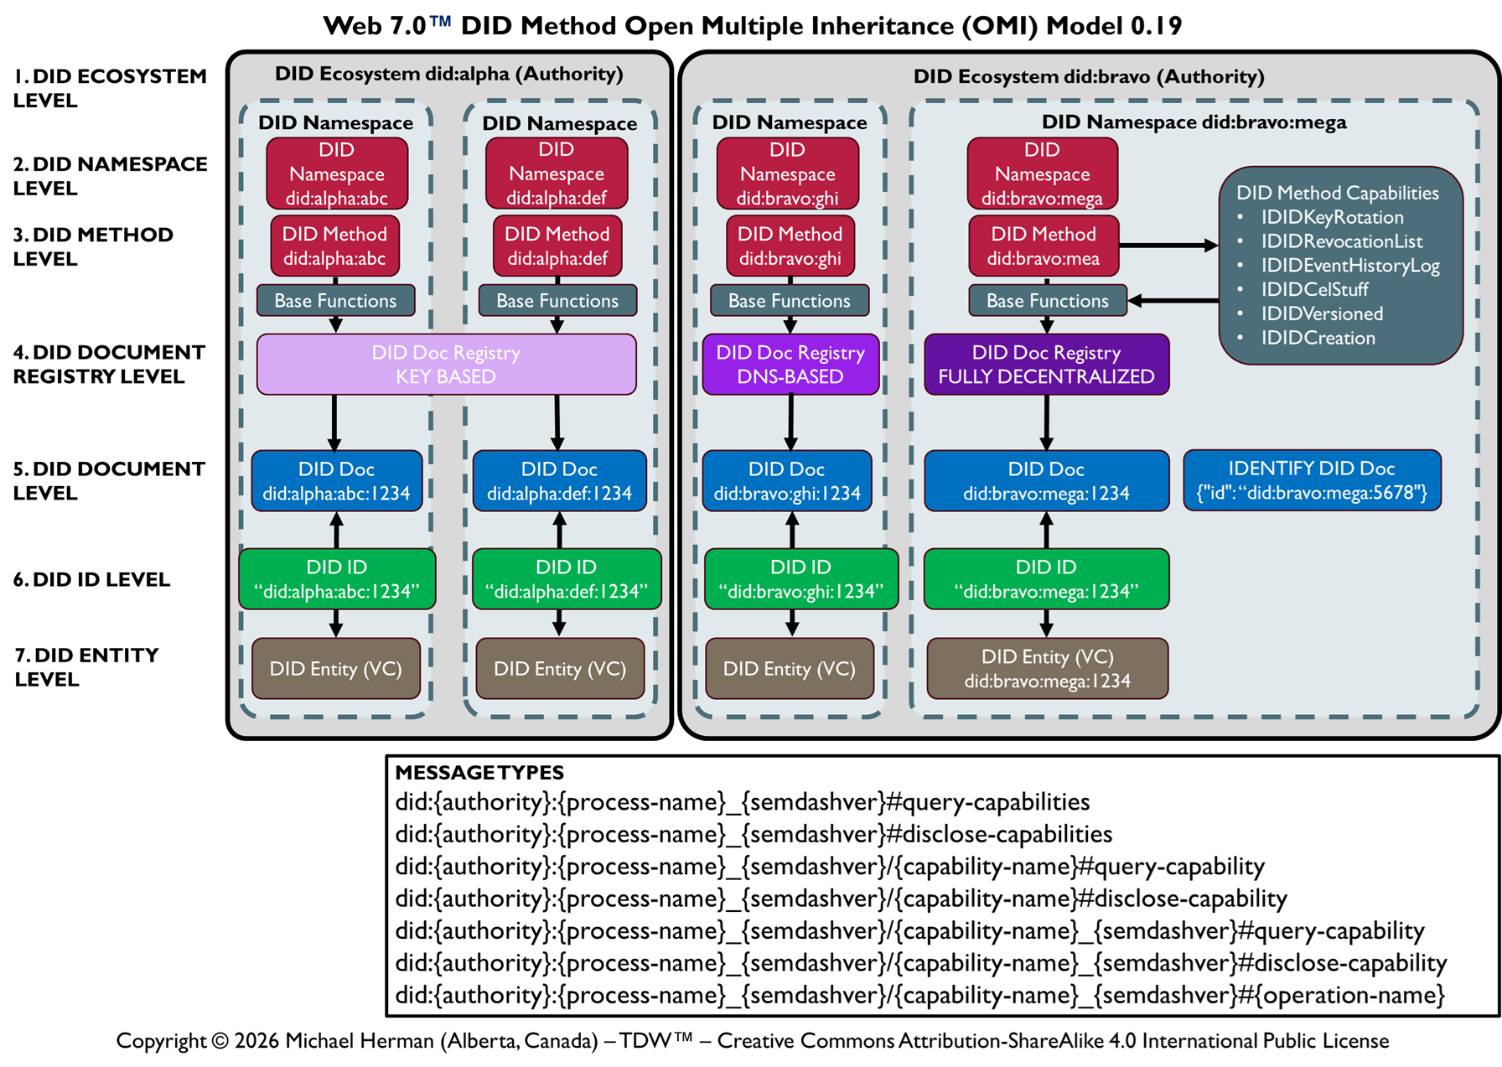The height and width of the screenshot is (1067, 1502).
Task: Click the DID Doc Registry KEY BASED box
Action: [x=446, y=365]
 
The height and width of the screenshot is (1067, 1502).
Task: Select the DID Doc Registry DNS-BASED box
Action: [x=790, y=365]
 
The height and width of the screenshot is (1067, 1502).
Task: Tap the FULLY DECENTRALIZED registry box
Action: [x=1046, y=365]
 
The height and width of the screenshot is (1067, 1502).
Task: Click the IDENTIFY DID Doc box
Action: [x=1312, y=480]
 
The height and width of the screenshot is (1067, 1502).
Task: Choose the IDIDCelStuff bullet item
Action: [x=1314, y=289]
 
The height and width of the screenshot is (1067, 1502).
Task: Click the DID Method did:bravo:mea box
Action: [x=1044, y=246]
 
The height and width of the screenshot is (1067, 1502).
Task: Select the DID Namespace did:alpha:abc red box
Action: [x=337, y=174]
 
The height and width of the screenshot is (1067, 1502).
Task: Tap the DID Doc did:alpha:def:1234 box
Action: [x=559, y=481]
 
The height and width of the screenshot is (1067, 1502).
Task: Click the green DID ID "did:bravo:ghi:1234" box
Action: [x=800, y=579]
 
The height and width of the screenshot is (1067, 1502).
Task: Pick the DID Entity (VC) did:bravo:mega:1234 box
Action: [x=1047, y=669]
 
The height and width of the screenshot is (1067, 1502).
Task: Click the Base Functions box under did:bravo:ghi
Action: [x=790, y=301]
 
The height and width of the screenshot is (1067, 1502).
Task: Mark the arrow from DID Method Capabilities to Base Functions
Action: [x=1173, y=300]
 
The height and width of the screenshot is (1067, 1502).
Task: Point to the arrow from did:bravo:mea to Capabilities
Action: [x=1168, y=246]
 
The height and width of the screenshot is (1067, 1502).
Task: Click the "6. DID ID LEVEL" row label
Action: [x=91, y=579]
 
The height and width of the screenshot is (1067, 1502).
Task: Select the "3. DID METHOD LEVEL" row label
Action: [x=93, y=246]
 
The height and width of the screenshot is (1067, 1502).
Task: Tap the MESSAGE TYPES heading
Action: [x=479, y=772]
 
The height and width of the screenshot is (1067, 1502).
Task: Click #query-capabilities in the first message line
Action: [x=988, y=802]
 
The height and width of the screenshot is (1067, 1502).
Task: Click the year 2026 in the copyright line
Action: [x=256, y=1041]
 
